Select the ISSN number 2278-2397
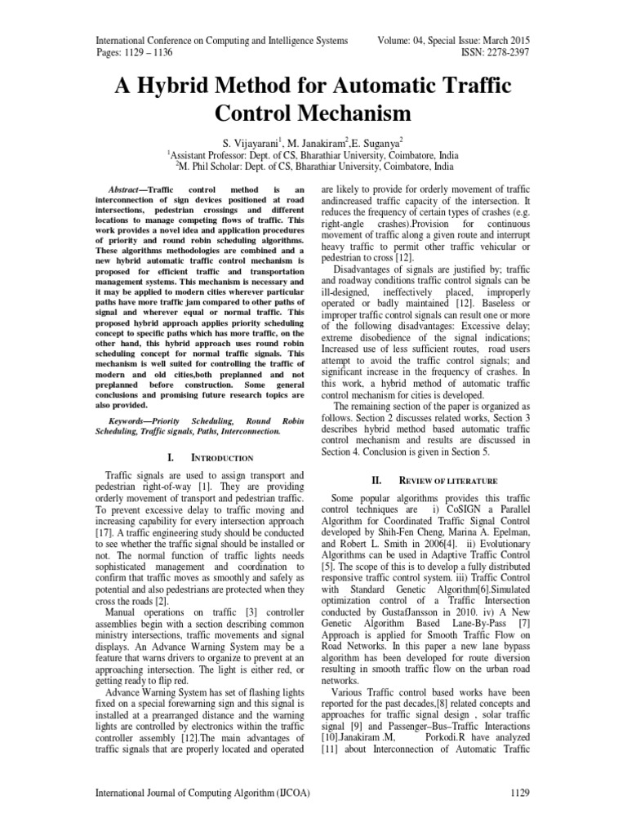(x=503, y=53)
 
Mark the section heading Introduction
(x=222, y=458)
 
